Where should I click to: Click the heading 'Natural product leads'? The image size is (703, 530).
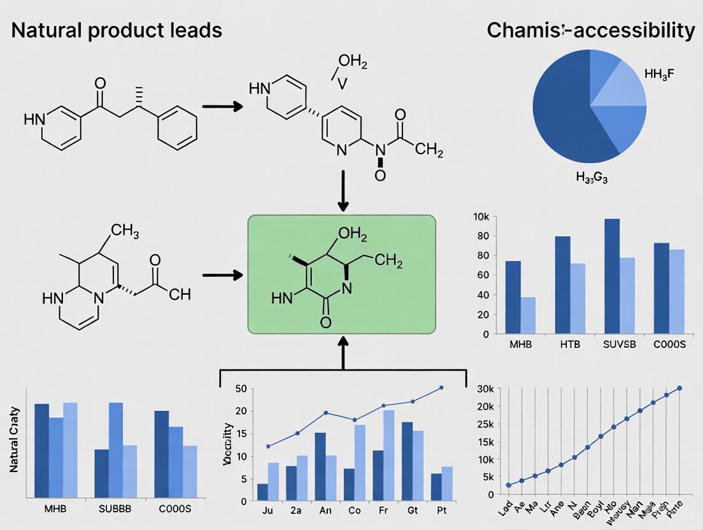(x=117, y=30)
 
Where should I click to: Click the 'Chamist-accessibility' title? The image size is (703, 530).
(x=590, y=30)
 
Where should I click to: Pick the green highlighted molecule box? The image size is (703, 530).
(x=342, y=274)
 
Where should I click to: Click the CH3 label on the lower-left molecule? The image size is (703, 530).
(x=125, y=231)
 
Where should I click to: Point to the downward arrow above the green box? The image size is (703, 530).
(x=343, y=190)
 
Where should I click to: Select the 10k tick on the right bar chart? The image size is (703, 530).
(x=481, y=217)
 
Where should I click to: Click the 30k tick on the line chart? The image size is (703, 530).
(x=485, y=389)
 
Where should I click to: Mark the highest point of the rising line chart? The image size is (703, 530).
(x=679, y=388)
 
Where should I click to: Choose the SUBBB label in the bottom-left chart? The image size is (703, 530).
(x=115, y=510)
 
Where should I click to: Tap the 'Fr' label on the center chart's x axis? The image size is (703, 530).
(x=384, y=510)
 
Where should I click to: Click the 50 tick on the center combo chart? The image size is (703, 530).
(x=241, y=389)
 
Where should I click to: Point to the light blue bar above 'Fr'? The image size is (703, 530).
(x=388, y=455)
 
